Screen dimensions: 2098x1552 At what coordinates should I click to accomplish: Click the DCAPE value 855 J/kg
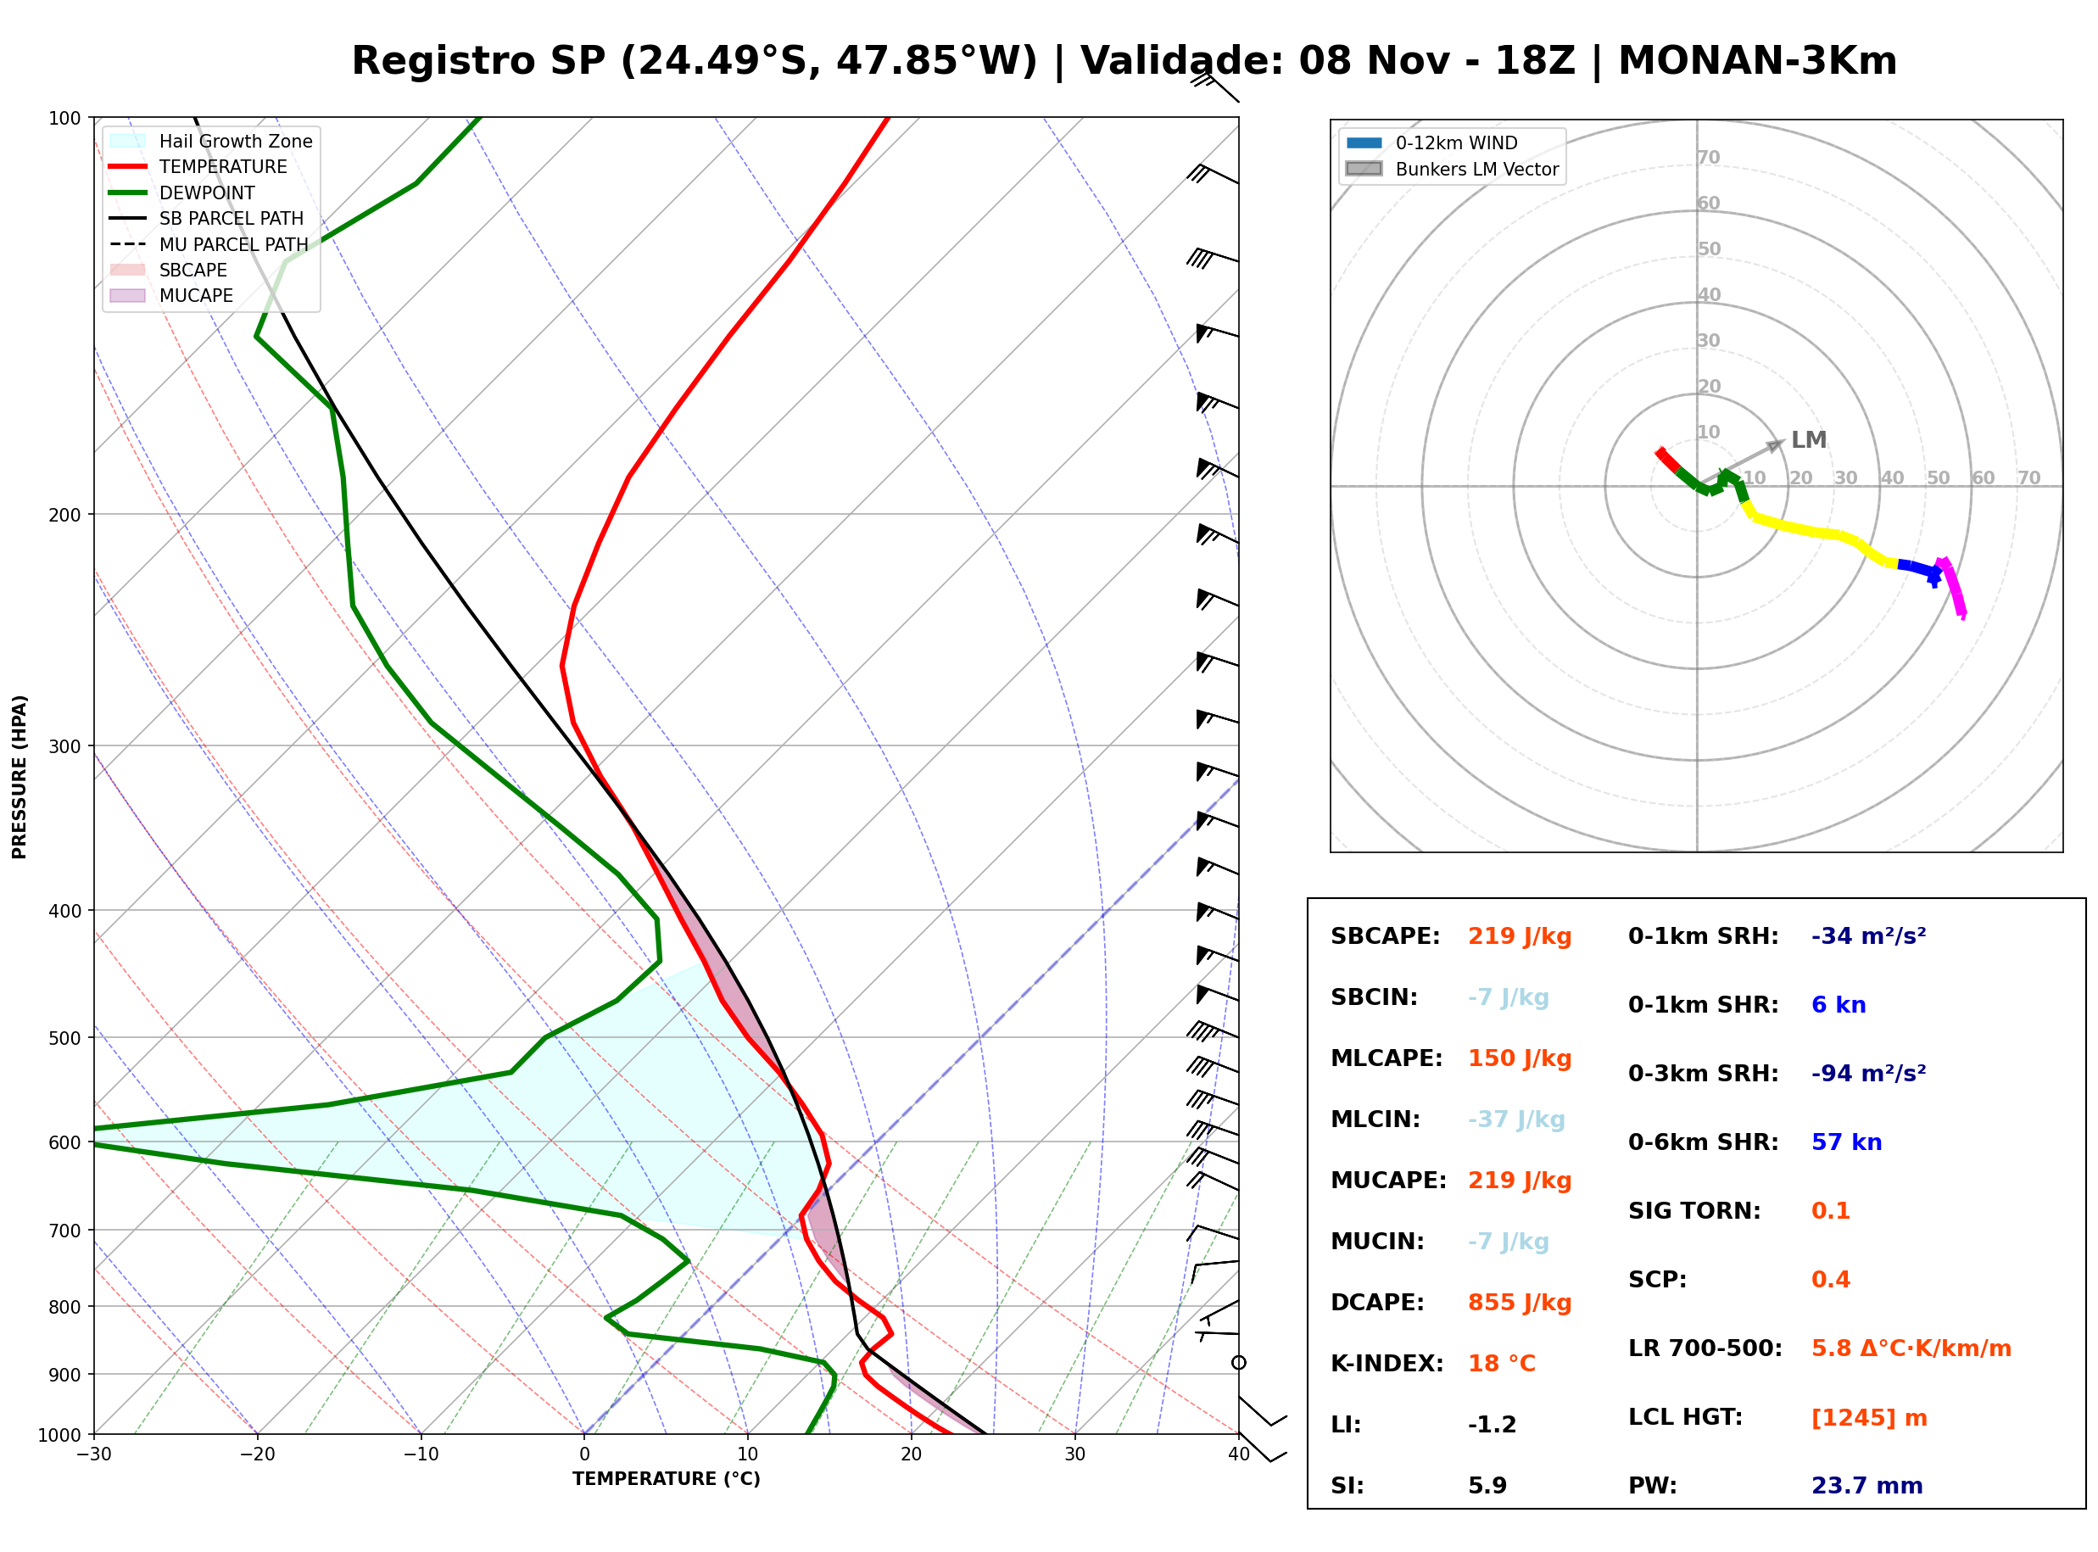1520,1302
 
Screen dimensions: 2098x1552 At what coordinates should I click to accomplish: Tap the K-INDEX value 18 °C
1502,1363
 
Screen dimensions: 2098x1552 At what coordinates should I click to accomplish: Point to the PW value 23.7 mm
1867,1485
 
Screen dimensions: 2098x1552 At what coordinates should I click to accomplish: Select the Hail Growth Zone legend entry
211,141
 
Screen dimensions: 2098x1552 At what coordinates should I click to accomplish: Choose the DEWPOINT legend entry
182,193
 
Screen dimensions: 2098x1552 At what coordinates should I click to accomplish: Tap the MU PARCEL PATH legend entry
209,244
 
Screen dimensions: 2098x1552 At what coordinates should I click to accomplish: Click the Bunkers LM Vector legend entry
1452,169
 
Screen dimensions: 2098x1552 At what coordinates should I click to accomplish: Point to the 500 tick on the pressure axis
66,1037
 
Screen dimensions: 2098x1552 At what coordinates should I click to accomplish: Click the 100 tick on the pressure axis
66,117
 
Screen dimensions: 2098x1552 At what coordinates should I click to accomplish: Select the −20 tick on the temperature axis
256,1454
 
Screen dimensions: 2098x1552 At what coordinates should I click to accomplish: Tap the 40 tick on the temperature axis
1239,1454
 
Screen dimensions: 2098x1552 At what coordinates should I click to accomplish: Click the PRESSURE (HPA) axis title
20,777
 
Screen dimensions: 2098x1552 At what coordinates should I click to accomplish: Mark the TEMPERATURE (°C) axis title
667,1479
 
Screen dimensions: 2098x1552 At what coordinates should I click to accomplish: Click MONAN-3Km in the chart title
1757,61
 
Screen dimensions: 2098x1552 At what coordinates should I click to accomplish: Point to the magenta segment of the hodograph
1953,587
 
